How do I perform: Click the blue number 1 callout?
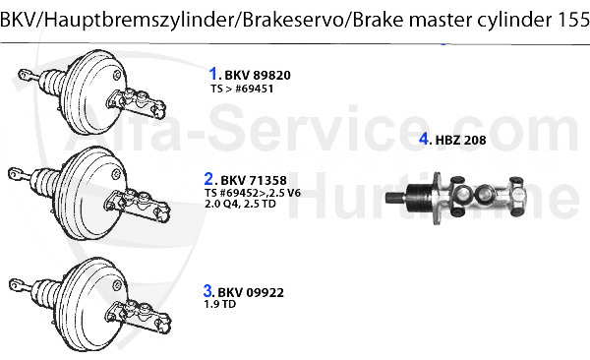coord(212,73)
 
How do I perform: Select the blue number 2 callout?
coord(208,179)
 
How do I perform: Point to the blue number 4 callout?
coord(424,139)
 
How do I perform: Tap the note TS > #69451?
coord(242,89)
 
